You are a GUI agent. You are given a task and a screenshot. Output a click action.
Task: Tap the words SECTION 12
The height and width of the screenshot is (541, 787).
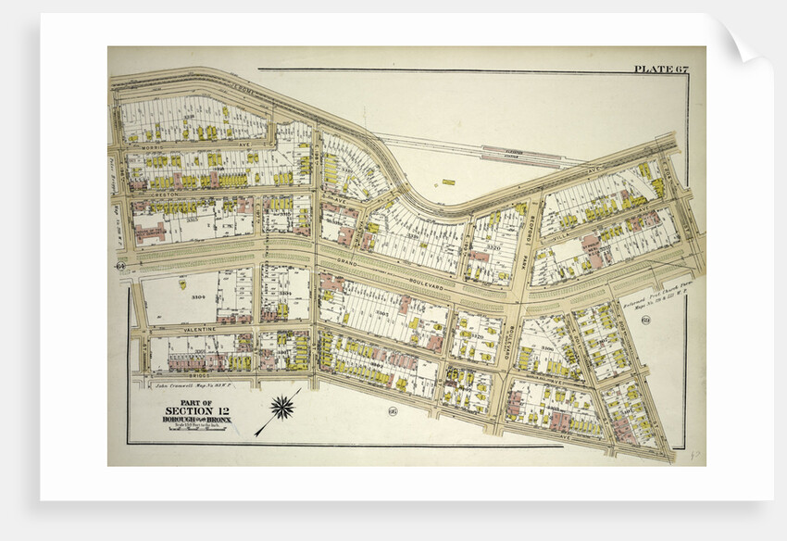tap(195, 410)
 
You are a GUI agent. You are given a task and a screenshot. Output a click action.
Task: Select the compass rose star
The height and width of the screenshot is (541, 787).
tap(282, 405)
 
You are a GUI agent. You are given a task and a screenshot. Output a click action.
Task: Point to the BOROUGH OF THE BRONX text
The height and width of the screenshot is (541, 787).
tap(195, 420)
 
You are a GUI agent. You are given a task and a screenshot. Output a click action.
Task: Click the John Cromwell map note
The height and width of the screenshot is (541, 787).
tap(189, 384)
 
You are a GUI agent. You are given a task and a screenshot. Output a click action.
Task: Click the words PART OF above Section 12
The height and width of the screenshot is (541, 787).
tap(195, 401)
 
